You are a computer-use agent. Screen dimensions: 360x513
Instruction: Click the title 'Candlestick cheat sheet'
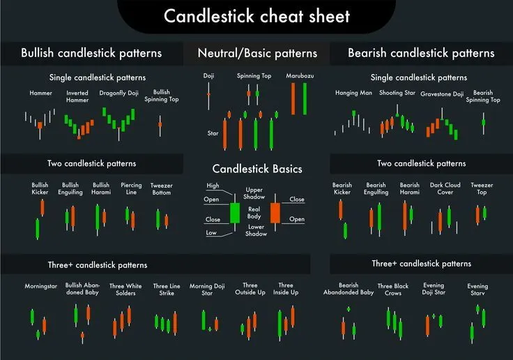click(x=256, y=16)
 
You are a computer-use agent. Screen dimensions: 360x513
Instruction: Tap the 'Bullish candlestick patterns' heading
click(x=91, y=53)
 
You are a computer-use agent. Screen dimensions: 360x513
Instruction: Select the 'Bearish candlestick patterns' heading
click(x=421, y=53)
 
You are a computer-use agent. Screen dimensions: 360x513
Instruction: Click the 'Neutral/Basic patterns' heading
click(x=257, y=53)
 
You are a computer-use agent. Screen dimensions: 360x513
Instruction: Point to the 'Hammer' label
click(x=40, y=93)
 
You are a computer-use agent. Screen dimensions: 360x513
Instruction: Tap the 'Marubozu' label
click(x=299, y=75)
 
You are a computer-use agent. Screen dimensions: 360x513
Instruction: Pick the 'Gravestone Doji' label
click(x=442, y=93)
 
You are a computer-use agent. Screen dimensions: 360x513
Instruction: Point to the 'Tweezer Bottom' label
click(x=161, y=189)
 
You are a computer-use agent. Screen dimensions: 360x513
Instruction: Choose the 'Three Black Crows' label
click(x=393, y=290)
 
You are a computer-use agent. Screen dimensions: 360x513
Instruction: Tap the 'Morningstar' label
click(x=39, y=286)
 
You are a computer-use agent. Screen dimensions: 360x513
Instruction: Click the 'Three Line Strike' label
click(x=166, y=290)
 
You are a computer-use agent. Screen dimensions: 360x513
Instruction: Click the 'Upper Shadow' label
click(x=253, y=193)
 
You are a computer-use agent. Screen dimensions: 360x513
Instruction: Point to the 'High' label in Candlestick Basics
click(x=213, y=186)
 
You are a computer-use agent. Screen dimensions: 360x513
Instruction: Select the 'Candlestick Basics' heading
click(x=257, y=169)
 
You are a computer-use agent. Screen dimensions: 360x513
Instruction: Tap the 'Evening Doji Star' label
click(x=433, y=290)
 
